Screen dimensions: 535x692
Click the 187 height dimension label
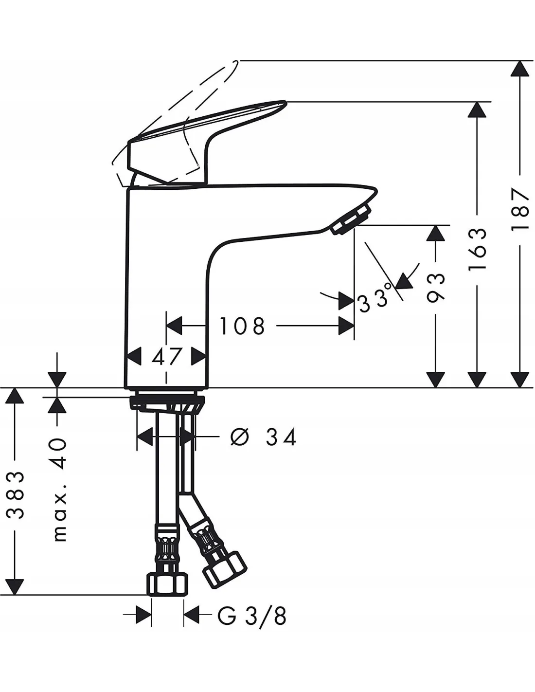(x=520, y=209)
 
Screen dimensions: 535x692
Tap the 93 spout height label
(x=435, y=287)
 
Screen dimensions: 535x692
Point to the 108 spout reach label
(x=242, y=326)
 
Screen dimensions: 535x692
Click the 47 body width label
(x=166, y=356)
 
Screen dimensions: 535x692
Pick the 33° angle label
(x=374, y=298)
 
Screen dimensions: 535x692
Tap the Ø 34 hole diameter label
(x=264, y=437)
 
